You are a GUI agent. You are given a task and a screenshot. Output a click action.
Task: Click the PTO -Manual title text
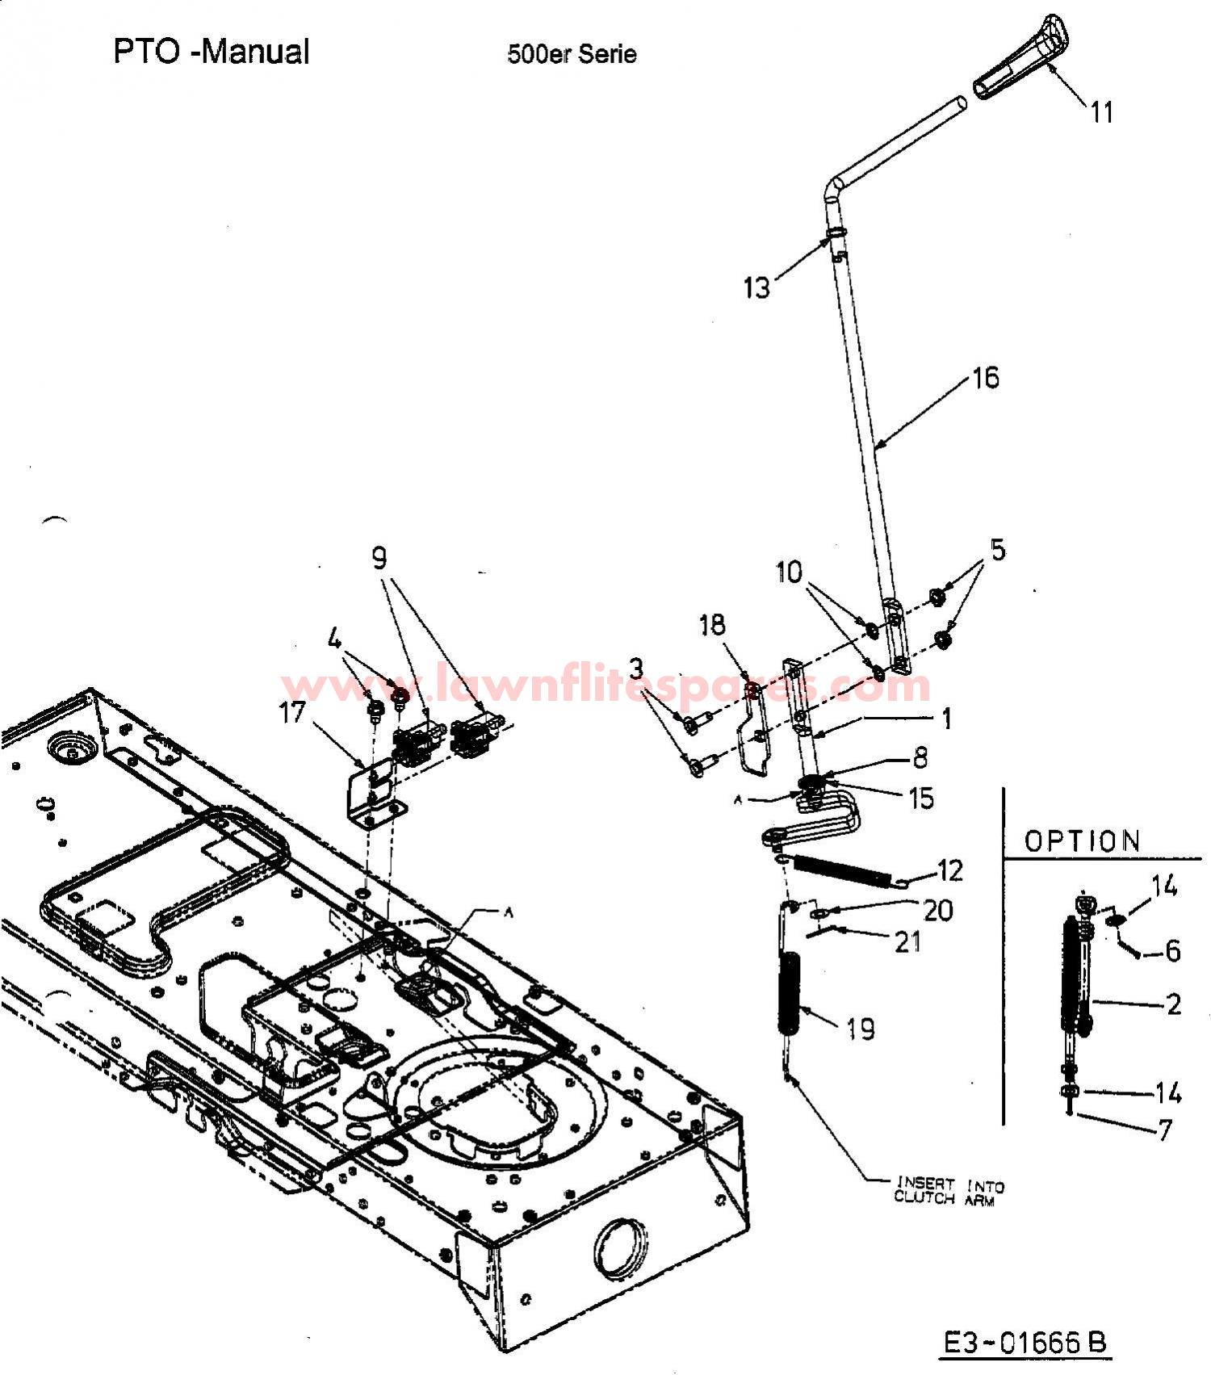(212, 52)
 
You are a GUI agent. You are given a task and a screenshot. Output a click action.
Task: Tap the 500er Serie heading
(572, 55)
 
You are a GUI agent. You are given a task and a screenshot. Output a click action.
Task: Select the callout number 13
(757, 287)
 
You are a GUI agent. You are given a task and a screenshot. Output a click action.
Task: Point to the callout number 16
(986, 377)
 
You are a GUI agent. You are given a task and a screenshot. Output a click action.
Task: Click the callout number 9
(379, 558)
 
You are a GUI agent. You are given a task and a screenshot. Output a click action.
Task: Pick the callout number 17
(292, 713)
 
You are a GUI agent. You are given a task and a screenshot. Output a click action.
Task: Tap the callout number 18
(712, 625)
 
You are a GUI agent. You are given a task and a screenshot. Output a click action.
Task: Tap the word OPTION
(1082, 841)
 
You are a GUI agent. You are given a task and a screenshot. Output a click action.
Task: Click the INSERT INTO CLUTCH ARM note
(949, 1192)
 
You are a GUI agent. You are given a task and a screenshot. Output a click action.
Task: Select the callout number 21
(907, 941)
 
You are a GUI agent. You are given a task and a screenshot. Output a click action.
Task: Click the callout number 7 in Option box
(1164, 1130)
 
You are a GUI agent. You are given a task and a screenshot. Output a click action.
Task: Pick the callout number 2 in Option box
(1174, 1004)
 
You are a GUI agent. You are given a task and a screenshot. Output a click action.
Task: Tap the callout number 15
(920, 799)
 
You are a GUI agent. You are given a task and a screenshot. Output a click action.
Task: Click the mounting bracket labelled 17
(373, 790)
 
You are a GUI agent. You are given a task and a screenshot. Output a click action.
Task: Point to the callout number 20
(938, 910)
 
